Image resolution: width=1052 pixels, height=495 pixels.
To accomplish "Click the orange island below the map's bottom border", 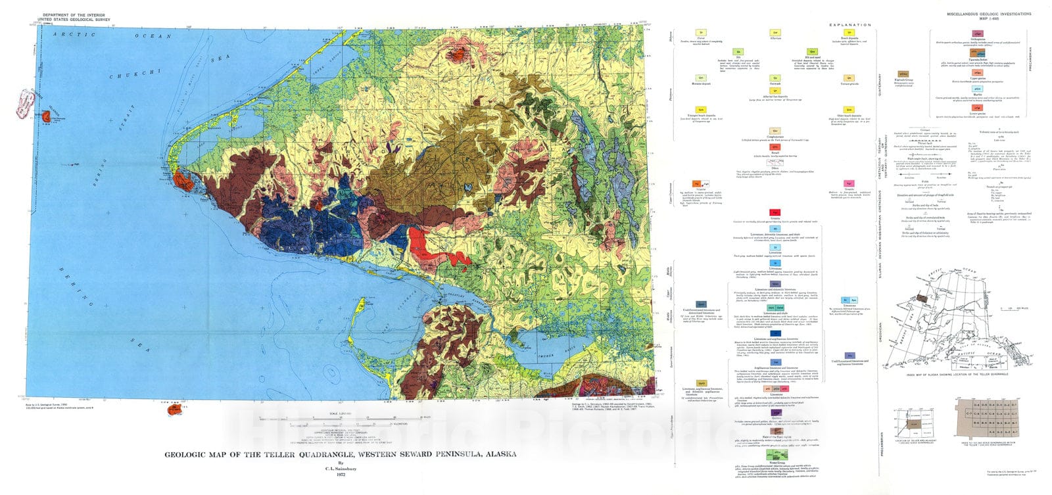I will pos(174,410).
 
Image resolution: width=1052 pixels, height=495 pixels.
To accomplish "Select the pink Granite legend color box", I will pos(849,183).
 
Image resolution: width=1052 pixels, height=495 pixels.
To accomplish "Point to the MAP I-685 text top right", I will pos(989,19).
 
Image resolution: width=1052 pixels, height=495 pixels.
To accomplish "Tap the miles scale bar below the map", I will pos(368,419).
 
